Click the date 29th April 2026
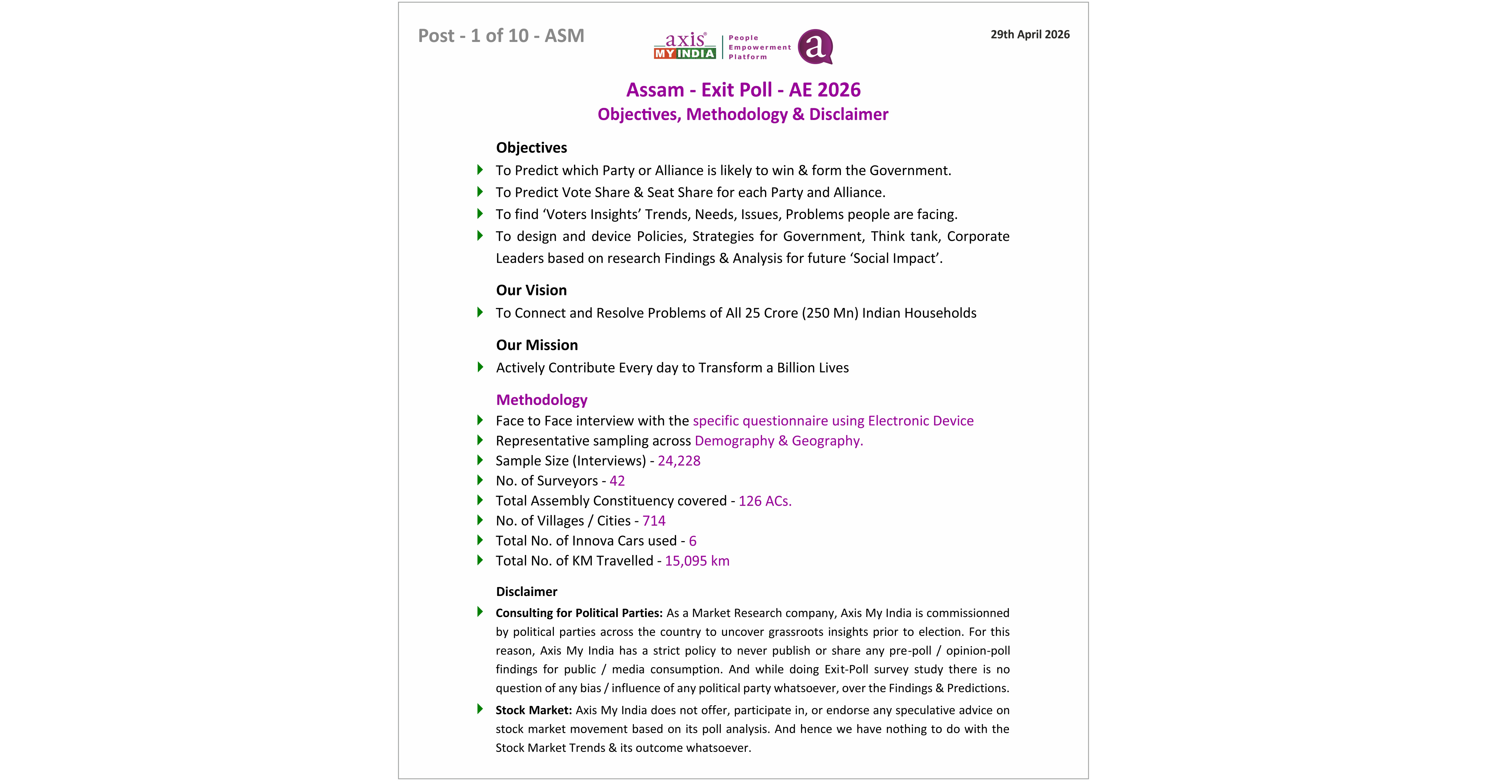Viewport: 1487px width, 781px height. pyautogui.click(x=1030, y=35)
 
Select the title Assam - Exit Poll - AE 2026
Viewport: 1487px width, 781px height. pyautogui.click(x=743, y=90)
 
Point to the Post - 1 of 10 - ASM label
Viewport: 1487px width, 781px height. pyautogui.click(x=501, y=36)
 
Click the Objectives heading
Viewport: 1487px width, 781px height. pyautogui.click(x=531, y=148)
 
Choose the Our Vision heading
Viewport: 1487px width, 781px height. pyautogui.click(x=531, y=290)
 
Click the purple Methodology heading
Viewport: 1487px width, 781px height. pyautogui.click(x=542, y=400)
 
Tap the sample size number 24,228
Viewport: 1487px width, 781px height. pyautogui.click(x=679, y=461)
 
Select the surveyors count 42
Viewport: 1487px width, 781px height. pyautogui.click(x=617, y=481)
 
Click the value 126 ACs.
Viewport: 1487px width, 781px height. pyautogui.click(x=765, y=501)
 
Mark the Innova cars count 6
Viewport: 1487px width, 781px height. pyautogui.click(x=693, y=541)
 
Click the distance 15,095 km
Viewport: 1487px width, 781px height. pyautogui.click(x=697, y=561)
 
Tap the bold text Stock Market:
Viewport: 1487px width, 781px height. pyautogui.click(x=533, y=711)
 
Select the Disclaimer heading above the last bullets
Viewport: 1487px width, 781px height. pyautogui.click(x=526, y=592)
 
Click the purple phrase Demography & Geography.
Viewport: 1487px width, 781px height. pyautogui.click(x=779, y=441)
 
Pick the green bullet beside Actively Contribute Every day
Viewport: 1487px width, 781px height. pyautogui.click(x=480, y=367)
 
